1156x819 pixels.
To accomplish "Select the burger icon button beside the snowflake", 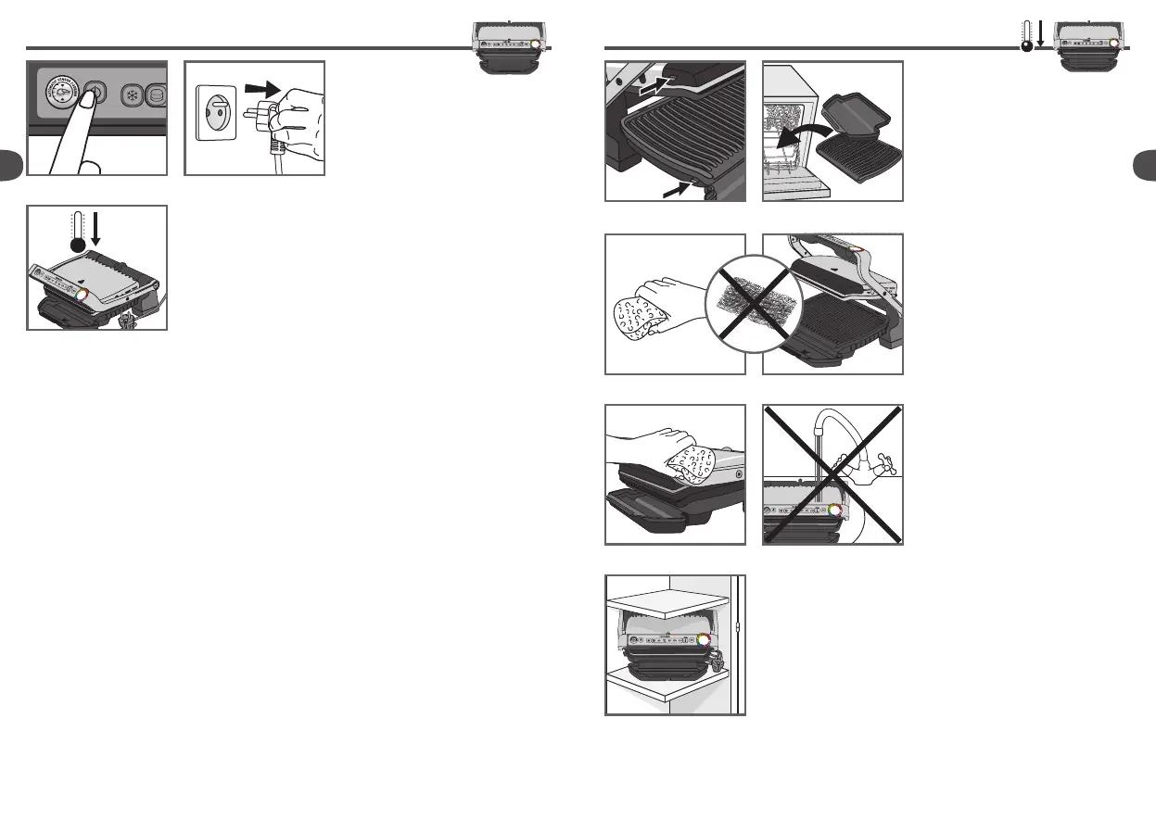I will point(158,96).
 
